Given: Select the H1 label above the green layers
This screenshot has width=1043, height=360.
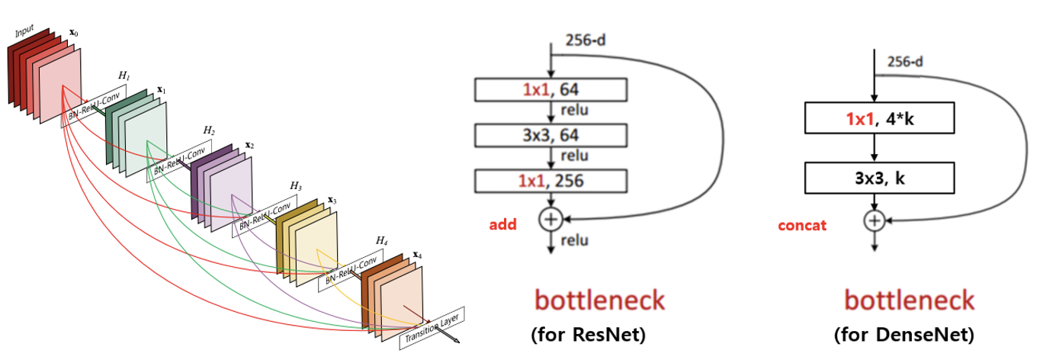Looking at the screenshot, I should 124,77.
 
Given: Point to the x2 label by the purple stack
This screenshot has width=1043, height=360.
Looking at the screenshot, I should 249,144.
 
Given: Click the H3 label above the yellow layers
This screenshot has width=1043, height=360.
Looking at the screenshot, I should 295,185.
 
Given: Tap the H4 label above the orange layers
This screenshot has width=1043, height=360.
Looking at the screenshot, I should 381,240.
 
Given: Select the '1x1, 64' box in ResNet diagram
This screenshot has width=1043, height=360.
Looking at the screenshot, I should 550,91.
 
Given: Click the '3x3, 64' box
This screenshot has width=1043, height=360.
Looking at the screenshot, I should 550,137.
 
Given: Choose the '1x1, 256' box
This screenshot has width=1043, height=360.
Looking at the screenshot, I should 550,182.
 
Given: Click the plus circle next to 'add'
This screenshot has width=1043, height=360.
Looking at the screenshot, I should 550,220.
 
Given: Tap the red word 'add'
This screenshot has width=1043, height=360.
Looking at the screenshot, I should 502,224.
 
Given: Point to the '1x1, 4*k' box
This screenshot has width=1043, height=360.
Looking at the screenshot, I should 879,118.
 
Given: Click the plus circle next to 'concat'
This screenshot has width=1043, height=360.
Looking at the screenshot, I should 875,221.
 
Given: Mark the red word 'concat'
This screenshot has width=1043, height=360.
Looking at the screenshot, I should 802,226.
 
